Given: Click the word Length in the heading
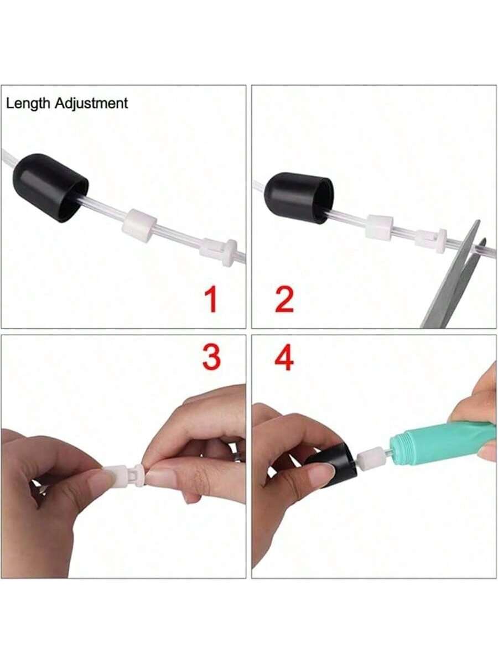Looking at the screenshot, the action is [x=28, y=104].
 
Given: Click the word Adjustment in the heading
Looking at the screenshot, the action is [x=92, y=103].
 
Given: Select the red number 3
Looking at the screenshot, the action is [x=211, y=358].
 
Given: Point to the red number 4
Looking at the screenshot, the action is [x=284, y=359].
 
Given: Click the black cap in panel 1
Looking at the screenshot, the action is [x=50, y=188].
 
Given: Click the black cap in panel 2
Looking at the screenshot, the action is [x=299, y=198].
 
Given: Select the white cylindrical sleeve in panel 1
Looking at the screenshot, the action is [x=139, y=225].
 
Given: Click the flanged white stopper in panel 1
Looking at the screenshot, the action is [x=220, y=252].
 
